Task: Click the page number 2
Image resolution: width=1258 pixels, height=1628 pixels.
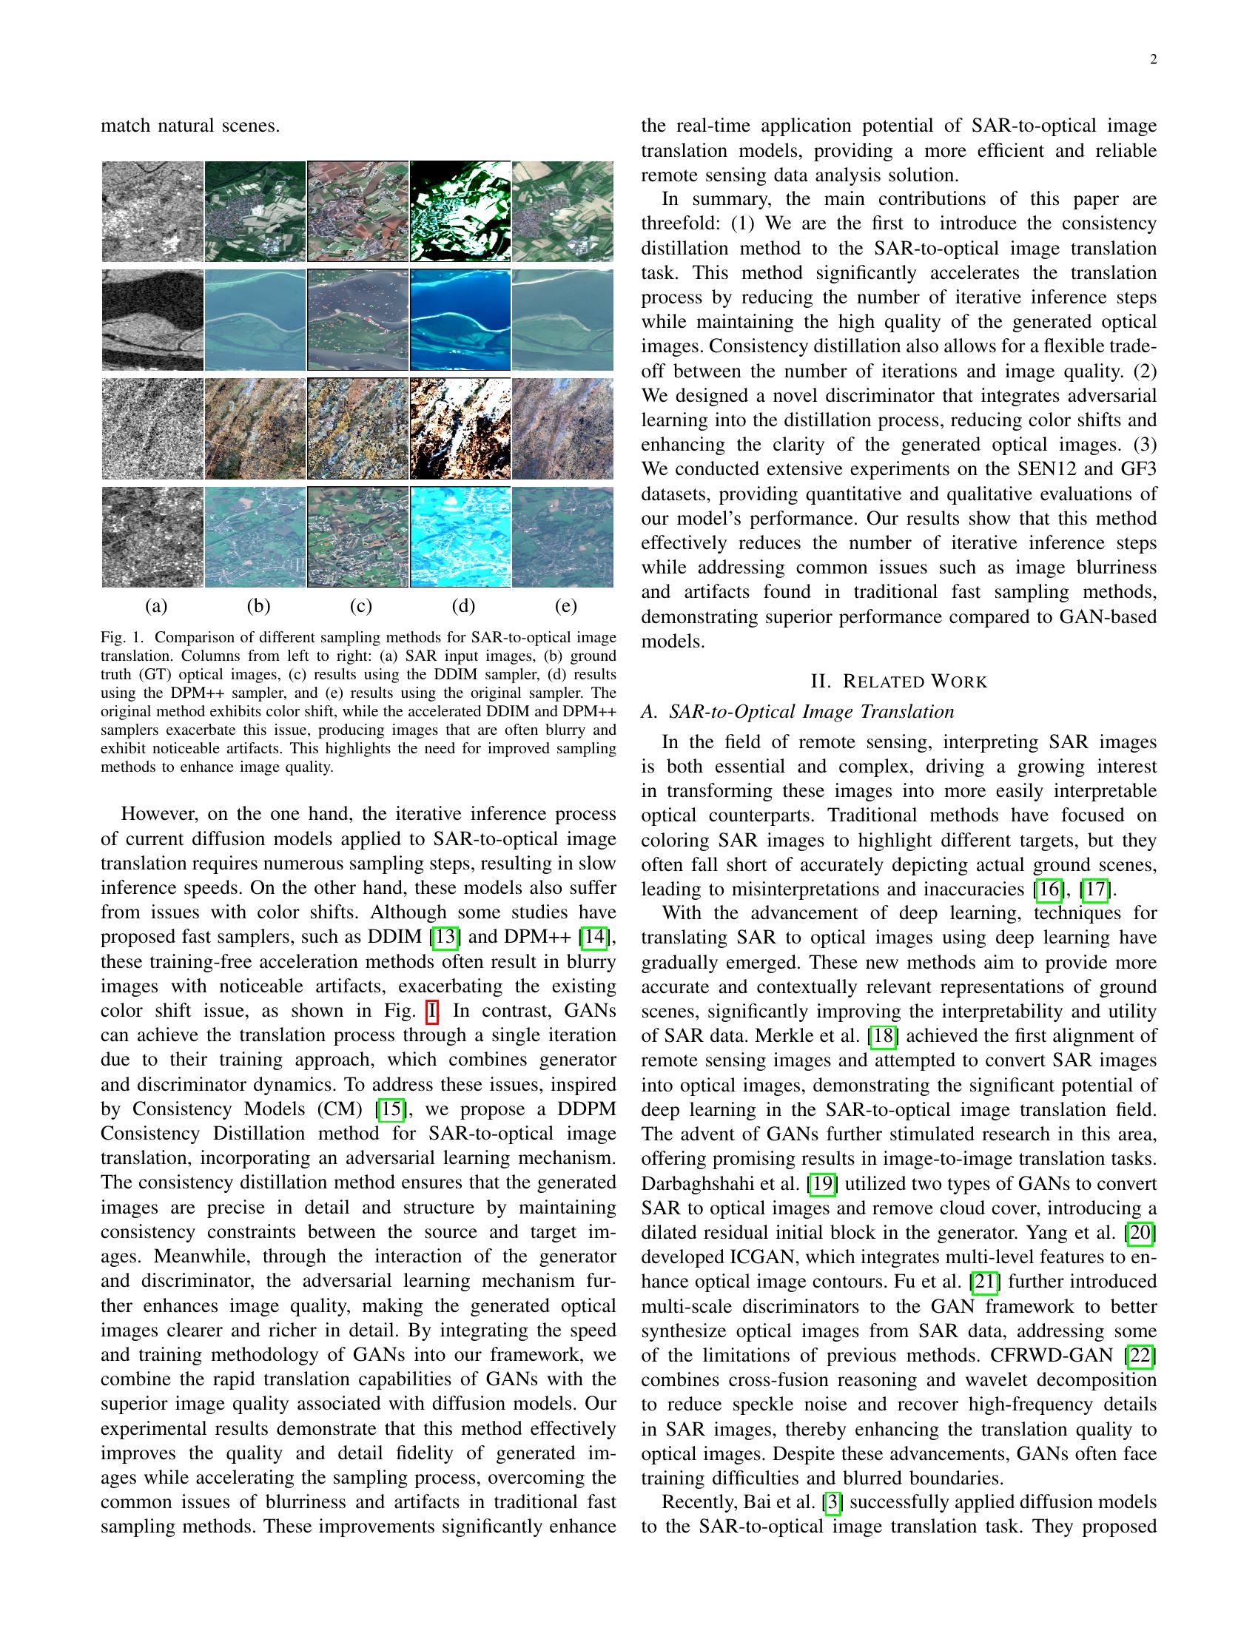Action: click(1153, 61)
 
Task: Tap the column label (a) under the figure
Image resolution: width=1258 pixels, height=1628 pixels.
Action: click(155, 606)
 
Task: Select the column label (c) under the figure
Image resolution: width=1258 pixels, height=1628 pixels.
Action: click(360, 606)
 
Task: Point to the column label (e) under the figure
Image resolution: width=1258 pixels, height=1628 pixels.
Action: click(565, 606)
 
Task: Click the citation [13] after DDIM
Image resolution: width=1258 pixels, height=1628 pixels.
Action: click(444, 937)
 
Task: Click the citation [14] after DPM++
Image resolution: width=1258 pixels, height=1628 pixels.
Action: click(595, 937)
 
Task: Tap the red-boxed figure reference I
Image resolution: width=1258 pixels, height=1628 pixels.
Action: click(431, 1011)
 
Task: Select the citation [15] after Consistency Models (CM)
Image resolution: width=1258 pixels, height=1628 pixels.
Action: click(391, 1109)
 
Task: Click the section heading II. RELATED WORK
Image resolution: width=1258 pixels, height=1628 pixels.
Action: click(898, 682)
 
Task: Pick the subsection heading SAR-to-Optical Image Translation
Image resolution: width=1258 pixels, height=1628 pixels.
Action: click(811, 711)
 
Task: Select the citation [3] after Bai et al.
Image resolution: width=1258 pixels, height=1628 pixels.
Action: click(832, 1503)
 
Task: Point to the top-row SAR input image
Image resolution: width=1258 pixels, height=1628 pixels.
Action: click(152, 212)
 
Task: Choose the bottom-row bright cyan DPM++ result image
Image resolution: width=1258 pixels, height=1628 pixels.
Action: click(460, 537)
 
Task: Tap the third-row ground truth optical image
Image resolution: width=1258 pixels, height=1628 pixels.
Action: click(255, 428)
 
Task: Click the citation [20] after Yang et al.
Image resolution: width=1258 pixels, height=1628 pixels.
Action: click(1140, 1233)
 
